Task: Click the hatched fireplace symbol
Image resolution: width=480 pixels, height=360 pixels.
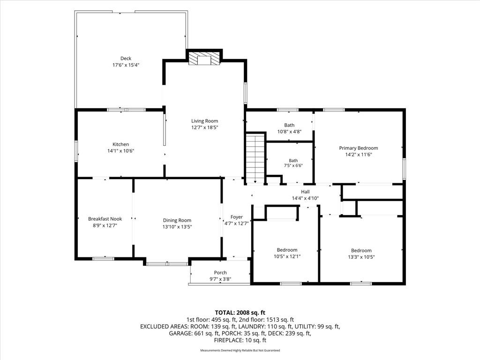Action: pos(204,58)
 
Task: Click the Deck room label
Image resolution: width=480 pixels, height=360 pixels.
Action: pos(126,58)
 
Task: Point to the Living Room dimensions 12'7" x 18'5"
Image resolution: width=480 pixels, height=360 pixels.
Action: pos(204,127)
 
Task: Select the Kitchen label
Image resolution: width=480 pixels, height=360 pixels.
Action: pos(120,144)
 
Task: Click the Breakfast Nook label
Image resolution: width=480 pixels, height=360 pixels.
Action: pos(105,219)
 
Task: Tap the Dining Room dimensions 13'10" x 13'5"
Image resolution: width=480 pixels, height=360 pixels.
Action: pos(177,227)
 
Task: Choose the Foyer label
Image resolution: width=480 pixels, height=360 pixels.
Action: pos(237,217)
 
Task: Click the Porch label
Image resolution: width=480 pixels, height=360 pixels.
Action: pos(220,272)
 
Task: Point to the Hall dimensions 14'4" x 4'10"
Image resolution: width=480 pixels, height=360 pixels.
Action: pos(305,198)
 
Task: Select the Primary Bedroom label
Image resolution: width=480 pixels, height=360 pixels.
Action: pos(359,148)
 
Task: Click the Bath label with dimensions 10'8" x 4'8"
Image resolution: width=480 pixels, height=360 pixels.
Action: pos(289,125)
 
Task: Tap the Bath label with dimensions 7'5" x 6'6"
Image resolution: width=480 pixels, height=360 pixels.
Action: pos(293,160)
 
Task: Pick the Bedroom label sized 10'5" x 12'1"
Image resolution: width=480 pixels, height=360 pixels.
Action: pos(287,250)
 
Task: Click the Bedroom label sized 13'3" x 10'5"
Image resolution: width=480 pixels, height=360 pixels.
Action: pos(361,250)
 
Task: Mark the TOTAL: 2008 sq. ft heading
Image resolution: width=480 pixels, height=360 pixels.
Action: pos(240,313)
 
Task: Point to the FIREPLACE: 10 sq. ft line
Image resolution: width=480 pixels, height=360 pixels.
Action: pos(240,340)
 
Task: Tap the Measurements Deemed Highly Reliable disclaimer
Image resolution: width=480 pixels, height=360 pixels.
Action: pos(240,350)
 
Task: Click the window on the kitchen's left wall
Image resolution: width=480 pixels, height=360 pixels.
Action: pos(76,151)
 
